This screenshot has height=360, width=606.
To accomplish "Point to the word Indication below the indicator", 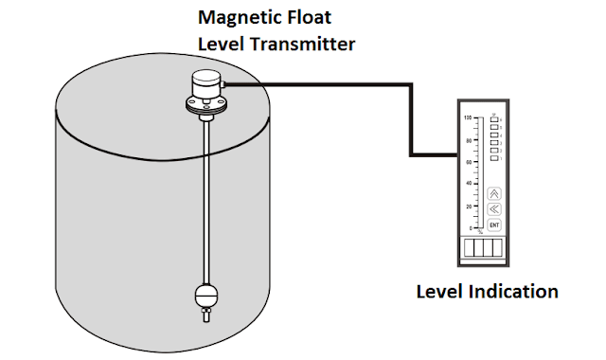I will [x=510, y=291].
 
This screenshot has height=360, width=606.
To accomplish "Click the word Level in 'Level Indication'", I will [x=438, y=291].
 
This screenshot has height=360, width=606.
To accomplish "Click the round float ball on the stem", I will [x=205, y=294].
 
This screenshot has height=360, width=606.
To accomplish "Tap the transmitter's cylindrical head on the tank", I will [x=205, y=88].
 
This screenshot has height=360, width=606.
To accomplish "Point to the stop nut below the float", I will [x=205, y=315].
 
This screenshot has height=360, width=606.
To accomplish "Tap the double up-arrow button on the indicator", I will [x=493, y=193].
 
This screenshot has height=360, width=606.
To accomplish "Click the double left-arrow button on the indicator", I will [x=493, y=209].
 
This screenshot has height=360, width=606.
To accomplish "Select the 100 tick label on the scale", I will [x=468, y=117].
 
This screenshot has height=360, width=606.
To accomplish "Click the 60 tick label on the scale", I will [x=468, y=162].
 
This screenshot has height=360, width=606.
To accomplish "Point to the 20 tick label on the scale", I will [x=468, y=207].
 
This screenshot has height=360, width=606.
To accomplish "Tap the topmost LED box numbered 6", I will [x=494, y=120].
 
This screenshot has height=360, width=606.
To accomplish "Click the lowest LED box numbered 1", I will [x=494, y=157].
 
